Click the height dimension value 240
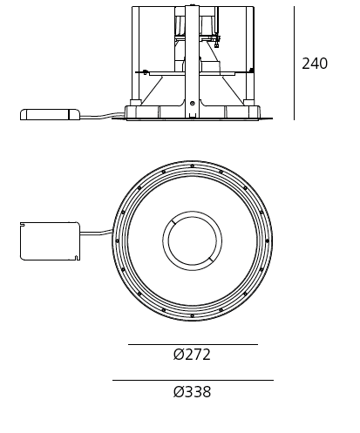click(x=315, y=64)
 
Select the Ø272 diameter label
click(x=192, y=355)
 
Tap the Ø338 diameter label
click(x=192, y=392)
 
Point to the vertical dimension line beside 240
click(x=294, y=63)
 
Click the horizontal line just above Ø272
click(x=192, y=344)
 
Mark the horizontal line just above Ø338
click(x=192, y=380)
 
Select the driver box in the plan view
click(x=50, y=240)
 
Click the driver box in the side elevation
click(x=49, y=114)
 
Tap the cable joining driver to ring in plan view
click(x=97, y=233)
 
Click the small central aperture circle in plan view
click(x=192, y=240)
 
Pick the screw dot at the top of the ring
click(x=192, y=166)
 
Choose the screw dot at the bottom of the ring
click(x=192, y=316)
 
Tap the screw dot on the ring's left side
click(x=117, y=241)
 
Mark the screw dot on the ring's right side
click(x=267, y=241)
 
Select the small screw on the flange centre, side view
click(x=192, y=104)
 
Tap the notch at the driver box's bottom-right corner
click(x=77, y=258)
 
